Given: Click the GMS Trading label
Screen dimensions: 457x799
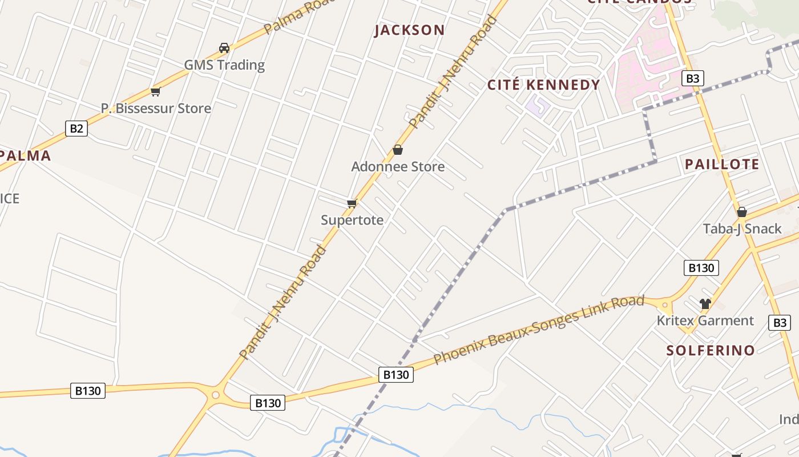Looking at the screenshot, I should pyautogui.click(x=224, y=65).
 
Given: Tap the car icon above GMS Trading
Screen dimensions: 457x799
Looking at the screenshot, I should pyautogui.click(x=224, y=48).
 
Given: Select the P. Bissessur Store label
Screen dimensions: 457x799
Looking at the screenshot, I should pyautogui.click(x=156, y=108).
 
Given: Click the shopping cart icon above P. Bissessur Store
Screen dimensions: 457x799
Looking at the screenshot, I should pyautogui.click(x=155, y=91).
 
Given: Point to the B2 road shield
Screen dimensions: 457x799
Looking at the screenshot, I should pyautogui.click(x=76, y=129).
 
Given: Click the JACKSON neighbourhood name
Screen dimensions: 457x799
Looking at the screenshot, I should pyautogui.click(x=409, y=30).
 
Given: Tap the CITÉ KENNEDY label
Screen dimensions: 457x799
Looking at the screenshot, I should pyautogui.click(x=543, y=85).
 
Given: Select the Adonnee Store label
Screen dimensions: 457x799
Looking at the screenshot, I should pyautogui.click(x=398, y=167).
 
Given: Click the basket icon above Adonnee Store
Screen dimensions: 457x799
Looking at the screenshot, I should pyautogui.click(x=398, y=150).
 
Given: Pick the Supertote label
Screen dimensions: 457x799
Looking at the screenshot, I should pyautogui.click(x=352, y=220).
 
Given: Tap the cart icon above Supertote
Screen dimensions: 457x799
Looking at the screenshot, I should pyautogui.click(x=352, y=203).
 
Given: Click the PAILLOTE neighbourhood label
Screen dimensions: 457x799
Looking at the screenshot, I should pyautogui.click(x=722, y=165).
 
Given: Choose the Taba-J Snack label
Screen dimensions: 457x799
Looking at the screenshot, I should pyautogui.click(x=742, y=228).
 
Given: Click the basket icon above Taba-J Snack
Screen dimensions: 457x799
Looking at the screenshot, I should pyautogui.click(x=742, y=212).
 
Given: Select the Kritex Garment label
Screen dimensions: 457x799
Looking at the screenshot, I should pyautogui.click(x=705, y=320).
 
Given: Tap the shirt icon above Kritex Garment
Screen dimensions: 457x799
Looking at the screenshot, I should pyautogui.click(x=705, y=303).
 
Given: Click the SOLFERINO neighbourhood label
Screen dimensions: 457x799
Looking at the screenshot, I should pyautogui.click(x=711, y=350).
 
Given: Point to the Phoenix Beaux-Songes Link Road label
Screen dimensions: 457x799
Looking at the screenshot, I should pyautogui.click(x=539, y=330).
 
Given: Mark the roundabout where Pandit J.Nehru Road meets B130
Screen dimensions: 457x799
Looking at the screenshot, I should pyautogui.click(x=215, y=395).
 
